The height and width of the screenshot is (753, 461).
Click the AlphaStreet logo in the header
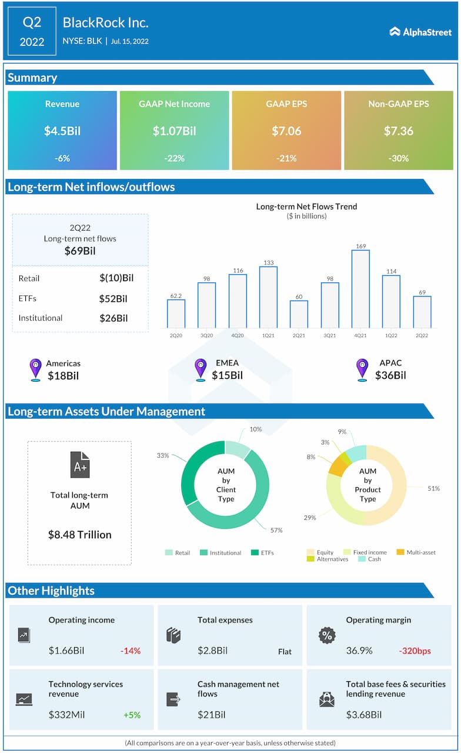pyautogui.click(x=420, y=31)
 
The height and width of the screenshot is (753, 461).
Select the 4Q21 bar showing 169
pyautogui.click(x=360, y=288)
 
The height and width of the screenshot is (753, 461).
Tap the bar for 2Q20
pyautogui.click(x=176, y=313)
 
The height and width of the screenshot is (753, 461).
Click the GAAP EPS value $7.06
pyautogui.click(x=286, y=131)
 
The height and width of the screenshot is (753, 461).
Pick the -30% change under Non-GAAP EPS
pyautogui.click(x=399, y=158)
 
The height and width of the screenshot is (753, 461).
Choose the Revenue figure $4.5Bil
pyautogui.click(x=62, y=131)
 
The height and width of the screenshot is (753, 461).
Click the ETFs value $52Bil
pyautogui.click(x=113, y=298)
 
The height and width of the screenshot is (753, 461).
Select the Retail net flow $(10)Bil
pyautogui.click(x=116, y=278)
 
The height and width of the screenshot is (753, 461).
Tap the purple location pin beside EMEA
pyautogui.click(x=201, y=369)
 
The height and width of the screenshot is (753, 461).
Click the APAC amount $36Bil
pyautogui.click(x=390, y=375)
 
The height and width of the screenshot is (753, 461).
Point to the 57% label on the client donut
pyautogui.click(x=276, y=530)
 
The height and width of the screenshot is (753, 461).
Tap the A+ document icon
pyautogui.click(x=80, y=465)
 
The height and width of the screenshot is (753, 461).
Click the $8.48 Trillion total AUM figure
pyautogui.click(x=80, y=535)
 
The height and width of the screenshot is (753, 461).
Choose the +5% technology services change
pyautogui.click(x=132, y=715)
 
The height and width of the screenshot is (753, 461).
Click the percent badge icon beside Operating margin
pyautogui.click(x=326, y=635)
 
